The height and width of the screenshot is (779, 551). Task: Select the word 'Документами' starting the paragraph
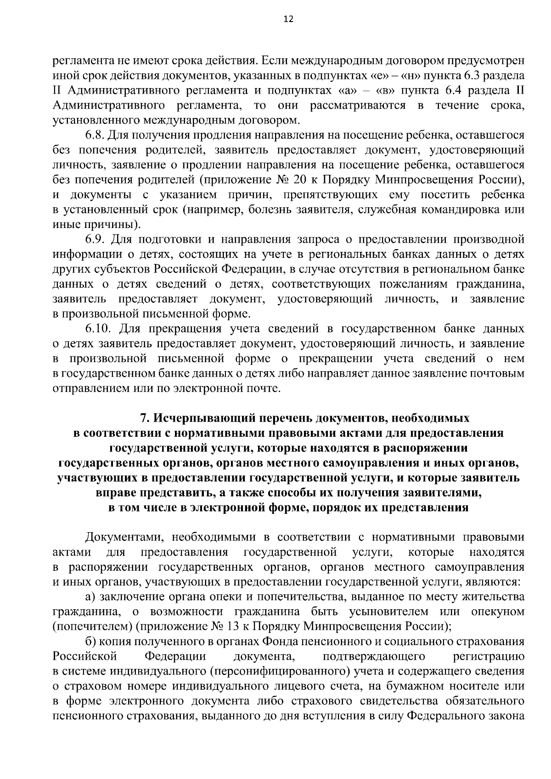click(123, 537)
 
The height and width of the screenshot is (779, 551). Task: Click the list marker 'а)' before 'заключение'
click(90, 597)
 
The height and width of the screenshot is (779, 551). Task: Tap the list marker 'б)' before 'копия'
click(90, 642)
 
